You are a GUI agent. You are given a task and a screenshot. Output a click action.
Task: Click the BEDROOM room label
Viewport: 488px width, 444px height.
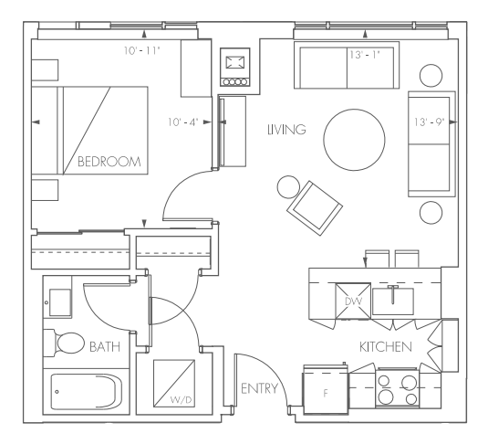(x=109, y=162)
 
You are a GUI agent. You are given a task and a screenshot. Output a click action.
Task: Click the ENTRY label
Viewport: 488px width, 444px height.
(x=259, y=389)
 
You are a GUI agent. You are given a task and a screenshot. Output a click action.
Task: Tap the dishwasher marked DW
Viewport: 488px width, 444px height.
(x=353, y=300)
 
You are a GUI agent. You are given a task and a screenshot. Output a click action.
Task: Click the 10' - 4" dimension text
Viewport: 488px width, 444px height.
(x=185, y=121)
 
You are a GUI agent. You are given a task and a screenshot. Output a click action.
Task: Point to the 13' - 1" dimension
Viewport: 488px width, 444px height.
(x=364, y=56)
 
